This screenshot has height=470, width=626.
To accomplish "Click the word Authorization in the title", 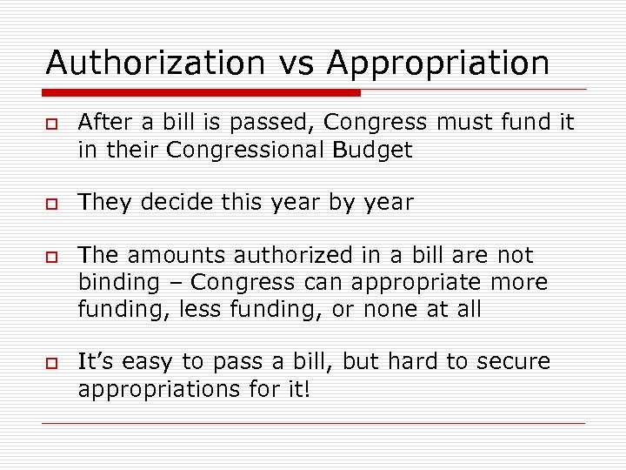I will tap(155, 63).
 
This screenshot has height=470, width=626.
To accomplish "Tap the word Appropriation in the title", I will tap(438, 63).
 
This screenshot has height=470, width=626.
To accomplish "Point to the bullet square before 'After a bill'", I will tap(52, 124).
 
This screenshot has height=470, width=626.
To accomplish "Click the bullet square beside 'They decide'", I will tap(52, 203).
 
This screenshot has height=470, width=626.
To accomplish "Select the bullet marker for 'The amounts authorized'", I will tap(52, 256).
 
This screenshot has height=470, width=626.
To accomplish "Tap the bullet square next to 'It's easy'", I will tap(52, 362).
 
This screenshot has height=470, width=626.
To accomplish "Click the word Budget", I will tap(373, 150).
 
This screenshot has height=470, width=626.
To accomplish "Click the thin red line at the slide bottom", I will tap(313, 424).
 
